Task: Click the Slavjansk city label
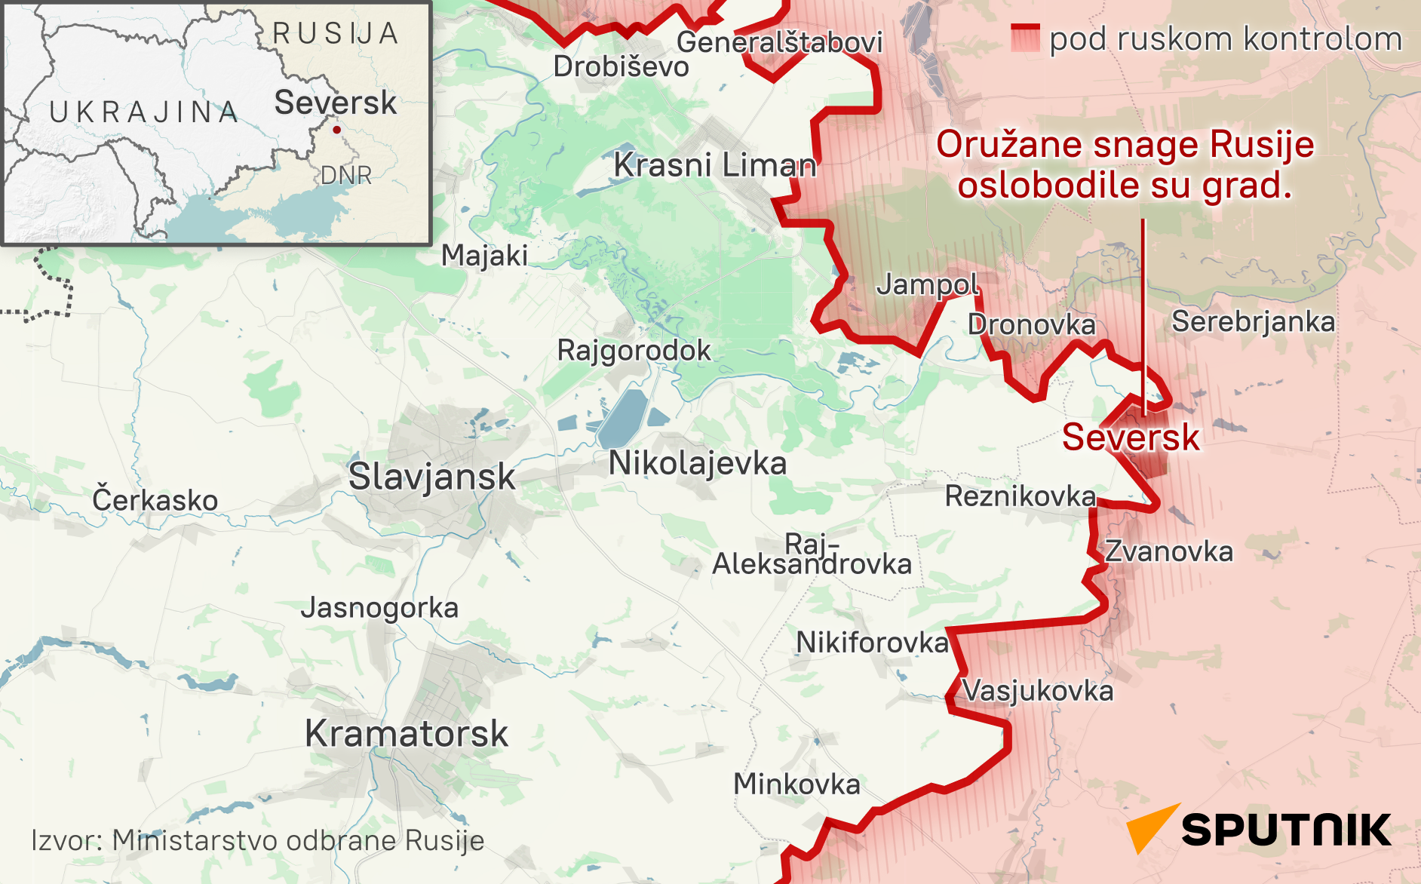coord(431,477)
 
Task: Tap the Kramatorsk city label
coord(407,733)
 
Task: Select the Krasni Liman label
coord(714,164)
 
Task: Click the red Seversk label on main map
coord(1130,437)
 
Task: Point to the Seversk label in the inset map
coord(335,103)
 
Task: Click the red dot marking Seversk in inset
coord(336,130)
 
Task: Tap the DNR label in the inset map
coord(346,175)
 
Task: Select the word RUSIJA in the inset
coord(336,34)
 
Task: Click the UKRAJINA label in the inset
coord(143,112)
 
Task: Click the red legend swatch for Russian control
coord(1025,38)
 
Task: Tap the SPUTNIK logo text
coord(1286,830)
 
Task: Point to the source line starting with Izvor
coord(257,840)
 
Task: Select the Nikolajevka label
coord(698,463)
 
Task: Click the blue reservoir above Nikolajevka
coord(623,419)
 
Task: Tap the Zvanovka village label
coord(1168,551)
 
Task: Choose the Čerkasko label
coord(155,500)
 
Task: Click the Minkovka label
coord(796,784)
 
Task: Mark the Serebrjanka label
coord(1253,322)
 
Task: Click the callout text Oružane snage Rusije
coord(1125,145)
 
